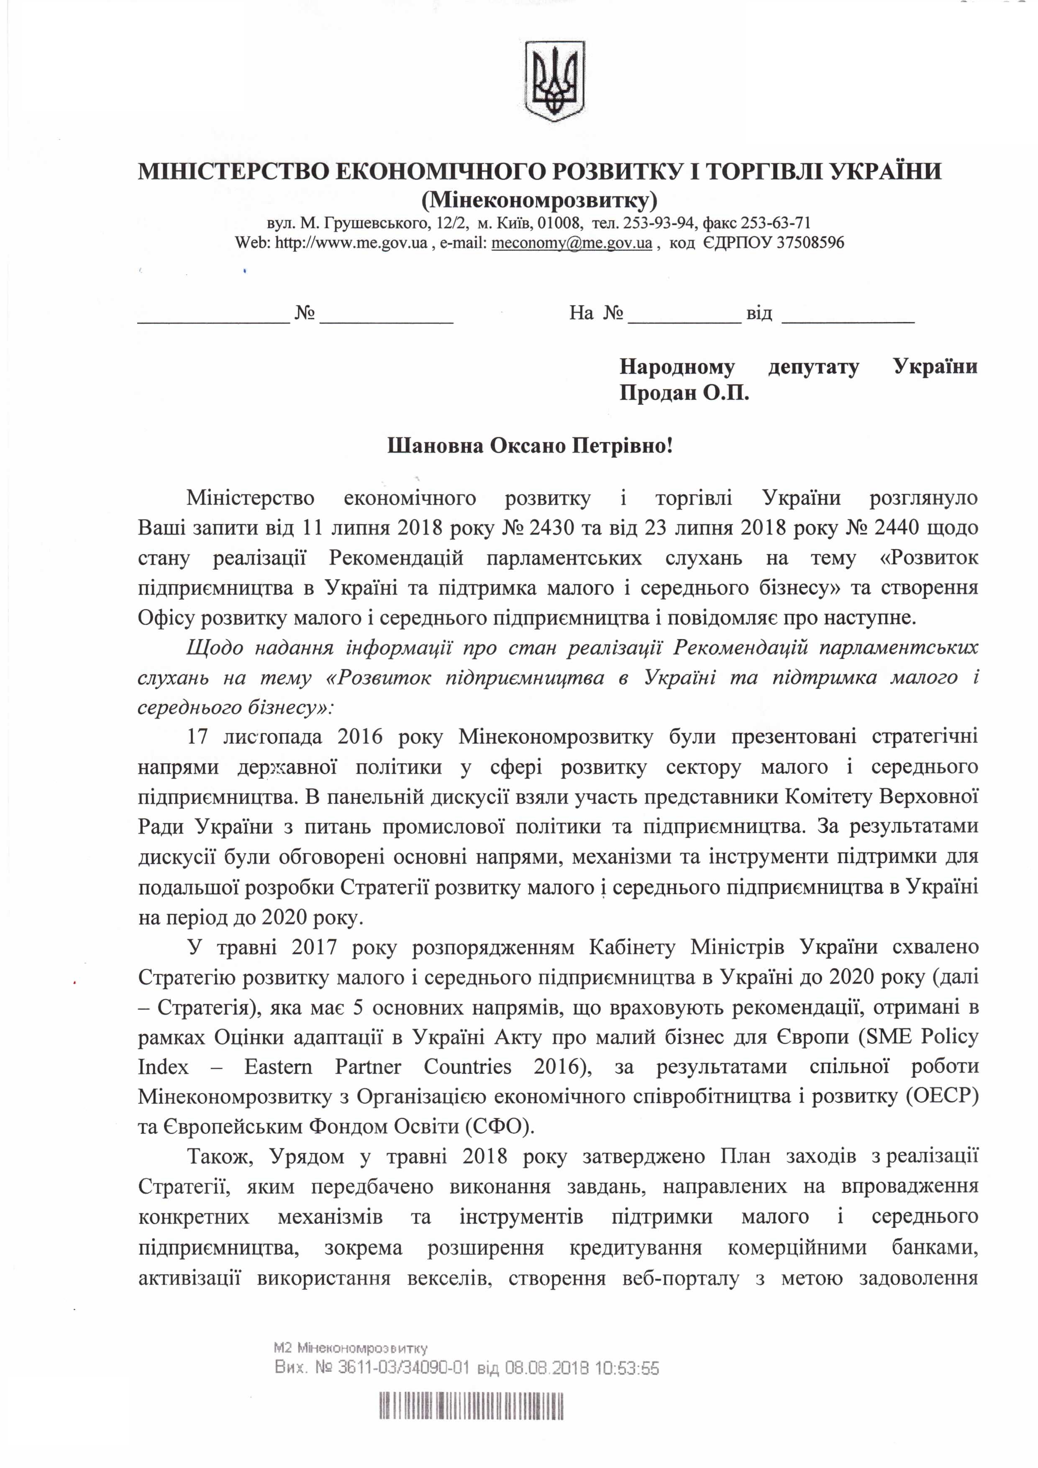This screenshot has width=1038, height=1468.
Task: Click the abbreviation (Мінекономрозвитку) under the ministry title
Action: [x=539, y=201]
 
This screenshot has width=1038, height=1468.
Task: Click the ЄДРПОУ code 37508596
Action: [x=810, y=243]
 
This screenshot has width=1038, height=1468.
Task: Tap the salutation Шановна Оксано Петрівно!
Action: [x=530, y=446]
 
